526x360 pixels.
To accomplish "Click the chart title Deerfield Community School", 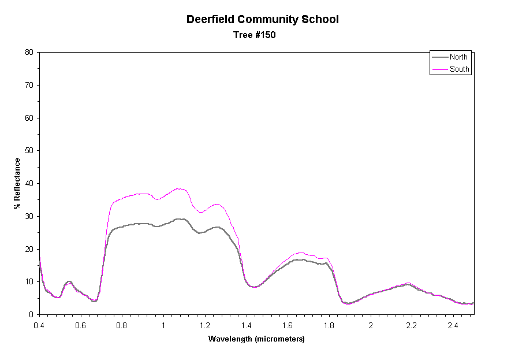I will click(262, 19).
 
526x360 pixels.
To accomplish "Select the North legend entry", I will click(458, 57).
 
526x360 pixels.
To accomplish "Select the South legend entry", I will click(460, 69).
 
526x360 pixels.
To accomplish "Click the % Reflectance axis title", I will click(17, 183).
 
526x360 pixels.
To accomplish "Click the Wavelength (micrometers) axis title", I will click(256, 339).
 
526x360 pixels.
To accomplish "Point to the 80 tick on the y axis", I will click(29, 53).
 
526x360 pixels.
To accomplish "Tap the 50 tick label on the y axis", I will click(29, 151).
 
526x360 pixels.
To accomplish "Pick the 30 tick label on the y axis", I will click(29, 216).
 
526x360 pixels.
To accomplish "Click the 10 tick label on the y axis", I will click(29, 282).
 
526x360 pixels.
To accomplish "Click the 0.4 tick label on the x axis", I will click(39, 325).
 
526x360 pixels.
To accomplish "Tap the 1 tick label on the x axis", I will click(163, 325).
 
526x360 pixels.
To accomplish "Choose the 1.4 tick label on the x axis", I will click(247, 325).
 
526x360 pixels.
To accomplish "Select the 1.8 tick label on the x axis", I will click(329, 325).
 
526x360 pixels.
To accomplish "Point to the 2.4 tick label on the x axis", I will click(453, 325).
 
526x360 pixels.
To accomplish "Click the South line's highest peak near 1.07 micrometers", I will click(178, 188).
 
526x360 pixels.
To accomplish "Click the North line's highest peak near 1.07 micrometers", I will click(178, 219).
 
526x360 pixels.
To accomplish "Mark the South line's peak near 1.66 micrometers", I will click(300, 253).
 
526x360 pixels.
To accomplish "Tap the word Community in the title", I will click(264, 19).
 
